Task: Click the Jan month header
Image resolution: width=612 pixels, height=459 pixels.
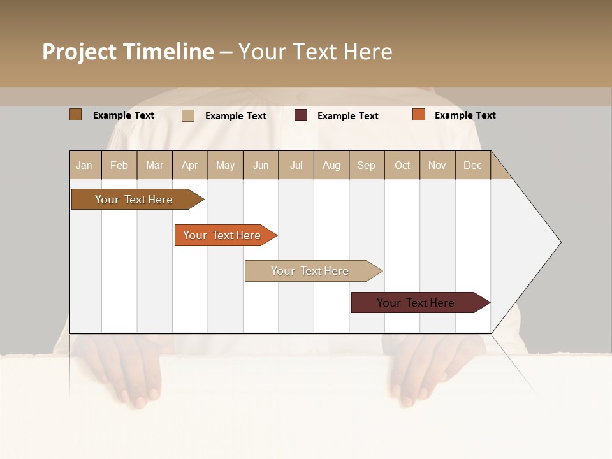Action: coord(85,165)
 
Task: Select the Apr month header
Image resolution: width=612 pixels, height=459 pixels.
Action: coord(190,165)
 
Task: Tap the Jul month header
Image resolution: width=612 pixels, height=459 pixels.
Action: coord(296,165)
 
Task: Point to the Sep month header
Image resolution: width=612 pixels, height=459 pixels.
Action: coord(366,165)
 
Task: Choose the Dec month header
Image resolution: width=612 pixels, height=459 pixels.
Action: coord(472,165)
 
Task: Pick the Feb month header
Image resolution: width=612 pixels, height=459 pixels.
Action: coord(119,165)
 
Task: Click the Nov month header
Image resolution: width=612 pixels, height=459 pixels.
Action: coord(437,165)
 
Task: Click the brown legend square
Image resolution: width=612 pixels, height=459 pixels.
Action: coord(76,115)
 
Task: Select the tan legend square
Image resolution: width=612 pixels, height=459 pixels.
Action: coord(188,115)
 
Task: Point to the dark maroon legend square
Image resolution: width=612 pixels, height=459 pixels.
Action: coord(301,115)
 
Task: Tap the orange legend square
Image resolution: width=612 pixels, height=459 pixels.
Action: coord(419,115)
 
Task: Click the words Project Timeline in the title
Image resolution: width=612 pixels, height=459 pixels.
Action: coord(128,52)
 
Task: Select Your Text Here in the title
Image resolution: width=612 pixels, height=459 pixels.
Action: coord(316,52)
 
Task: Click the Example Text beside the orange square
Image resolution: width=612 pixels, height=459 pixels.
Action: coord(465,115)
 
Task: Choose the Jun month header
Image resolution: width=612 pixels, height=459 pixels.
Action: coord(261,165)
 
